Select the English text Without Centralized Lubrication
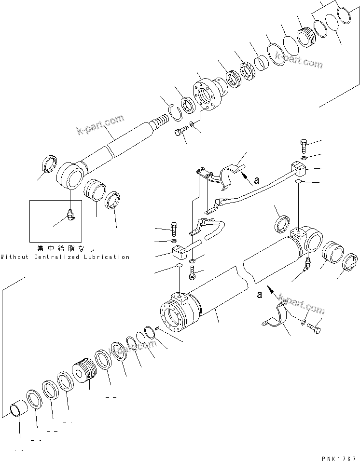pos(65,257)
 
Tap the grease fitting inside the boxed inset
pos(70,215)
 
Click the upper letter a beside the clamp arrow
pos(256,180)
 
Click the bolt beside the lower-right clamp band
pos(315,329)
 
